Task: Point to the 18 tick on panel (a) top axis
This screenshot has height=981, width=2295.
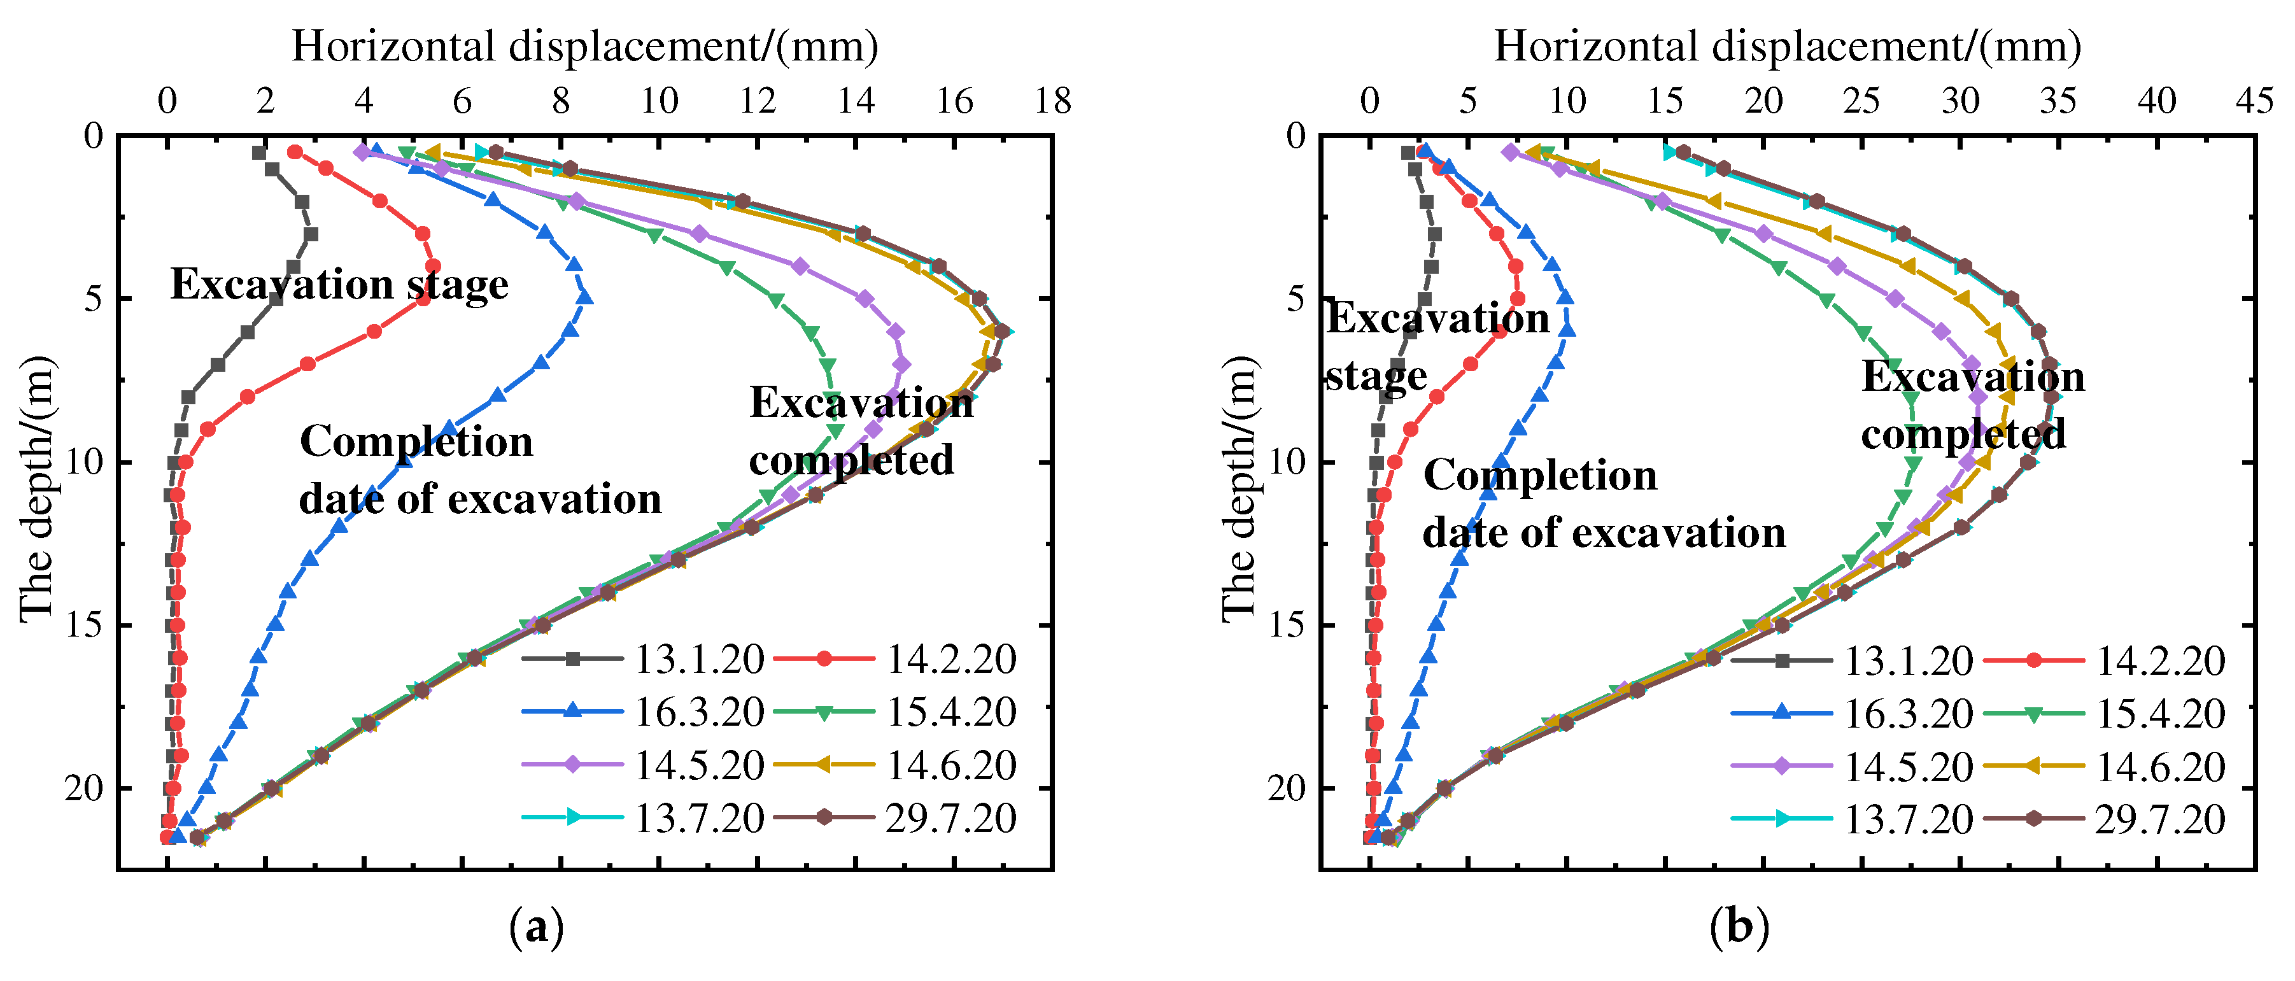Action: coord(1052,101)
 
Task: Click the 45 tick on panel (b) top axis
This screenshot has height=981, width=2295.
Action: coord(2254,101)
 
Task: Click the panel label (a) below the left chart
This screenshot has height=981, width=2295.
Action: coord(536,928)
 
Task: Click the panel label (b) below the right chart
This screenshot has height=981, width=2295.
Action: coord(1739,928)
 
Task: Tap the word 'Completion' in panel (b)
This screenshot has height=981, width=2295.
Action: coord(1539,475)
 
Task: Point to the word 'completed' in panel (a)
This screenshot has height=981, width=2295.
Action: coord(851,460)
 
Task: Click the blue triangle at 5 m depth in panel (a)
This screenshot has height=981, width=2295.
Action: coord(584,297)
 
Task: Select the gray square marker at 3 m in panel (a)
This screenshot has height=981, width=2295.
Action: coord(310,234)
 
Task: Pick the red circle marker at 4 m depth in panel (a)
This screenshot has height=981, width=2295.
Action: coord(433,265)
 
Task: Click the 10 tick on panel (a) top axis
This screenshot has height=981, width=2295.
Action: coord(660,101)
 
